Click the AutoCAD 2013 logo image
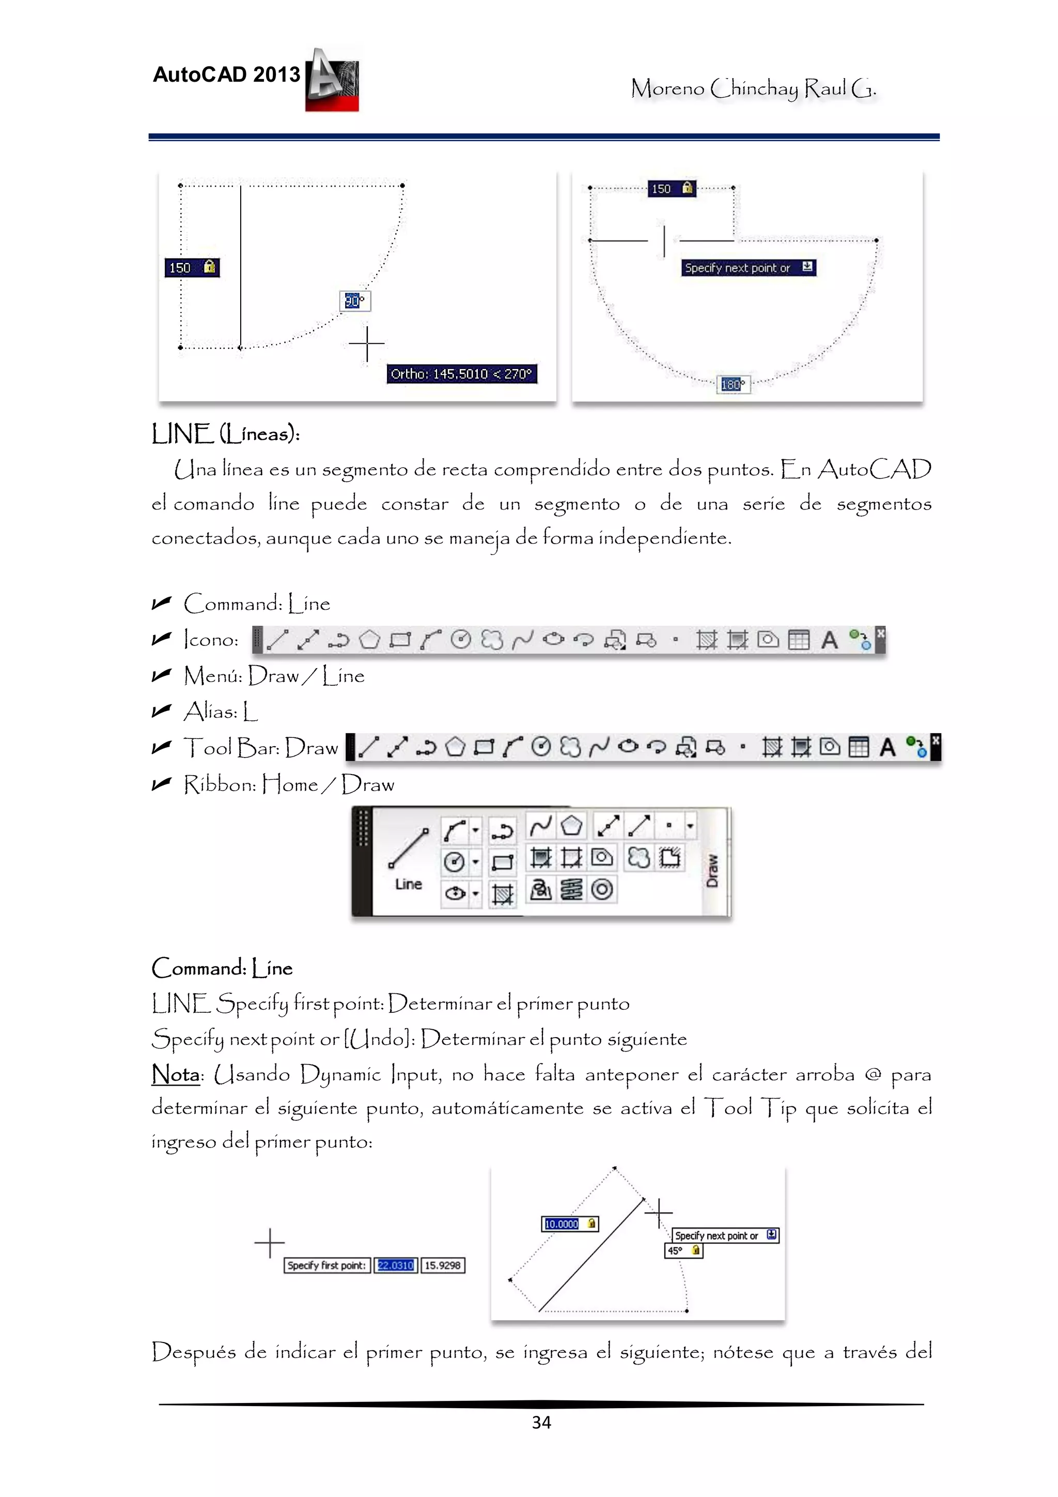(x=332, y=80)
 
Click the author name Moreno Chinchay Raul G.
(x=753, y=88)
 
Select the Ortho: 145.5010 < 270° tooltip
(x=461, y=374)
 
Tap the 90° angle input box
(x=354, y=301)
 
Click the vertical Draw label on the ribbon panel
(x=713, y=870)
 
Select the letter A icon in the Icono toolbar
(x=829, y=640)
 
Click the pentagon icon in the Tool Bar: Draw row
(x=455, y=747)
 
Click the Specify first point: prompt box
(x=326, y=1265)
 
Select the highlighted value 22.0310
(x=395, y=1265)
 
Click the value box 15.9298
(x=443, y=1265)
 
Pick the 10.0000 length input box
(x=569, y=1224)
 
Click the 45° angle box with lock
(x=683, y=1251)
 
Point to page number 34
(x=541, y=1423)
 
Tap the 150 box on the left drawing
(x=192, y=267)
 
